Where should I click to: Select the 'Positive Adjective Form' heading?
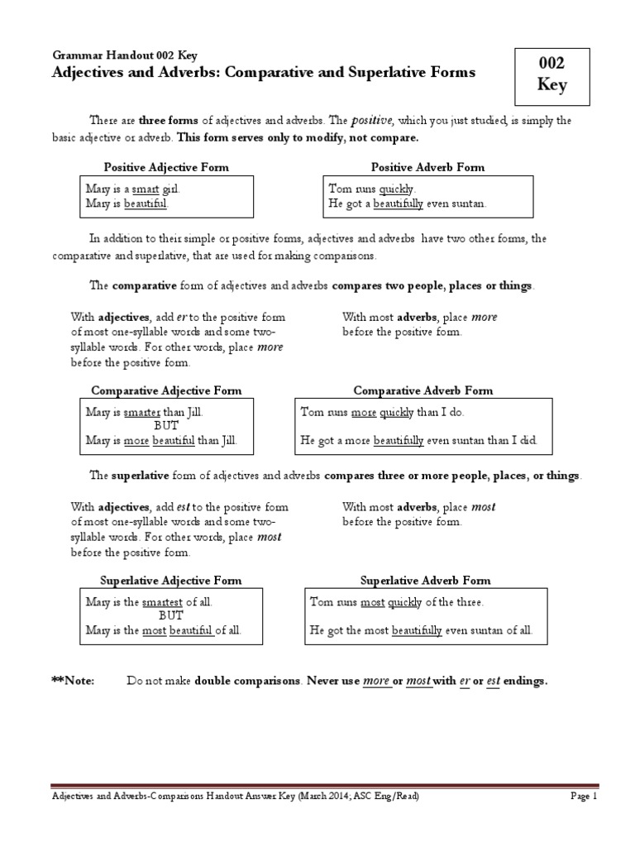pyautogui.click(x=166, y=167)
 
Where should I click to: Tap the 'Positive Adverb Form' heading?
pyautogui.click(x=427, y=167)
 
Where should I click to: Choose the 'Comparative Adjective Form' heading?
pyautogui.click(x=166, y=390)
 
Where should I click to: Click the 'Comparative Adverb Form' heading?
pyautogui.click(x=423, y=390)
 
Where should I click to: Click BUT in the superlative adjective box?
pyautogui.click(x=170, y=616)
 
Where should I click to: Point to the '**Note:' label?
pyautogui.click(x=73, y=681)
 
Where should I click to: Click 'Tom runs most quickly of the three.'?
pyautogui.click(x=396, y=602)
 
